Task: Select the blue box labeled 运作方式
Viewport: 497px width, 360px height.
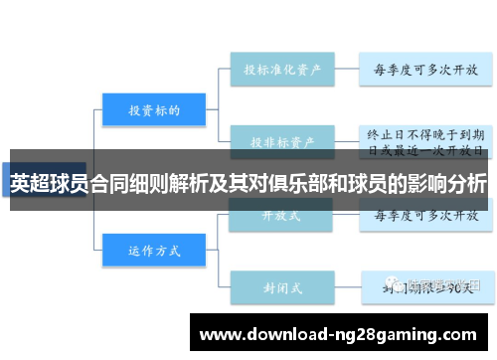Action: pos(153,249)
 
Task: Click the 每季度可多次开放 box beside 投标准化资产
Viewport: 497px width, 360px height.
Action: pos(425,70)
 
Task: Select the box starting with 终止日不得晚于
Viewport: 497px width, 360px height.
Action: pos(425,139)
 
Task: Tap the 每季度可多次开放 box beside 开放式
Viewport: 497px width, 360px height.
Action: pos(425,215)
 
